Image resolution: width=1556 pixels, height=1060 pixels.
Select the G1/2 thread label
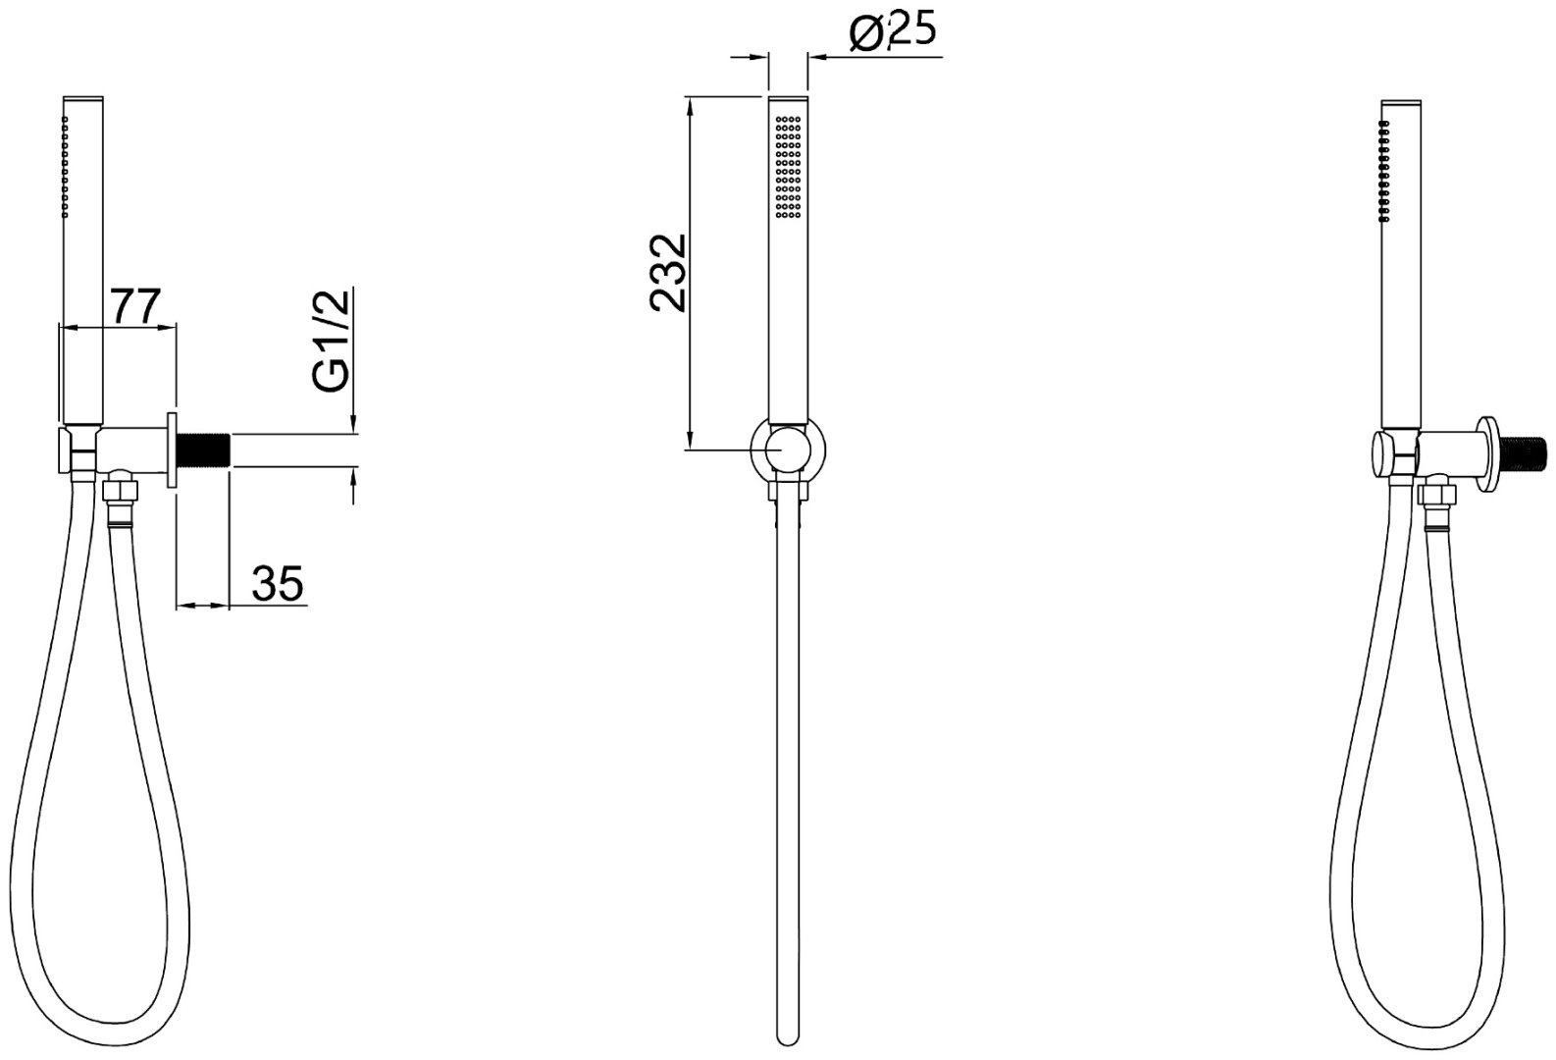coord(332,342)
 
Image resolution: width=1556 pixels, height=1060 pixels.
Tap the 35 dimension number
coord(278,583)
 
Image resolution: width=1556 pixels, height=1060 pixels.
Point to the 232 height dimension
coord(667,272)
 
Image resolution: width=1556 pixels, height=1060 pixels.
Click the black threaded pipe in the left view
coord(203,451)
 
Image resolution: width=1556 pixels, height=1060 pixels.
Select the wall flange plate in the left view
coord(172,450)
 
